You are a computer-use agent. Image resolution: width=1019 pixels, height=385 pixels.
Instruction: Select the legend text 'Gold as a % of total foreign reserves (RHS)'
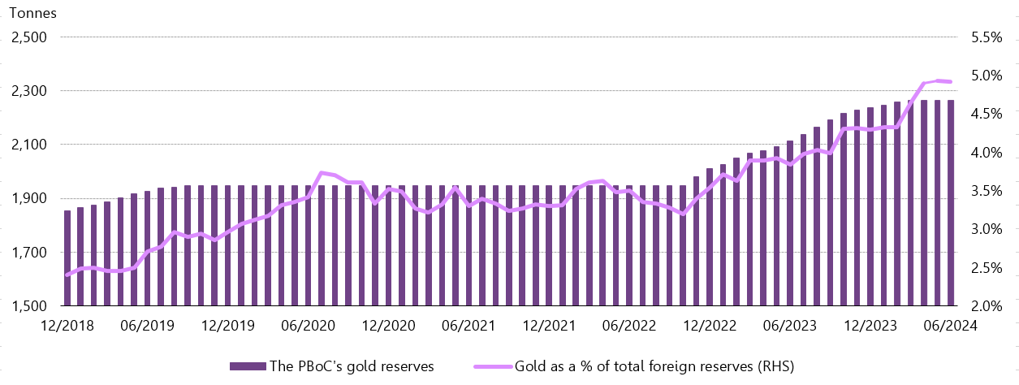(x=650, y=366)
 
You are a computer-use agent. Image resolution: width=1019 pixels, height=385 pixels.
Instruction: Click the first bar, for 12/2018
(x=67, y=258)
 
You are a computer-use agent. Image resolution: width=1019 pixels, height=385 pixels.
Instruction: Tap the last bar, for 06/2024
(x=950, y=203)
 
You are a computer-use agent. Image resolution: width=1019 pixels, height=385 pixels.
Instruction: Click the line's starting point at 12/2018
(x=67, y=275)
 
